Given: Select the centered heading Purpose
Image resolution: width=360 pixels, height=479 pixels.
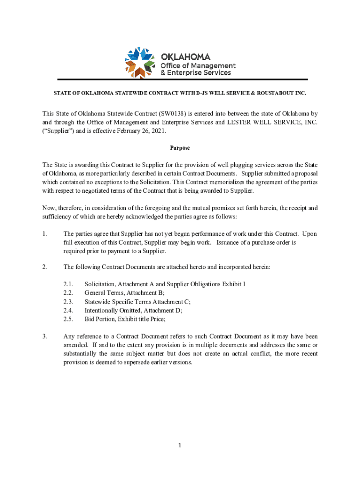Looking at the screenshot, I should point(180,148).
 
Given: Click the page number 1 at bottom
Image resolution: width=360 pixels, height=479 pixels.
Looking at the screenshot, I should point(180,445).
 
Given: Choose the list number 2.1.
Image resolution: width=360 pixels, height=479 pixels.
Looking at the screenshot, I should point(68,284).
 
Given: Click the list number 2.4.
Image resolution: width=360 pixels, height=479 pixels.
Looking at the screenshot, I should point(68,310).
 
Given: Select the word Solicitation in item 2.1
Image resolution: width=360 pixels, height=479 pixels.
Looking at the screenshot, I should point(100,284).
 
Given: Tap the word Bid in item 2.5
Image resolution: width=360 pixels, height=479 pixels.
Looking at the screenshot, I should point(89,319).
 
